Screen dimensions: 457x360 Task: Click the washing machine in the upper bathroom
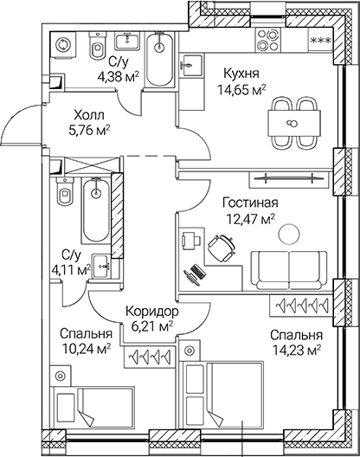(64, 46)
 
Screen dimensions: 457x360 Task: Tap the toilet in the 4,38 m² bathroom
(97, 45)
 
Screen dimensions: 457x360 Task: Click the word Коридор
(151, 311)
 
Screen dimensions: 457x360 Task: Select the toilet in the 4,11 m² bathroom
(63, 196)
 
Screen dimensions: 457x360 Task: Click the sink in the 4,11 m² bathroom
(100, 263)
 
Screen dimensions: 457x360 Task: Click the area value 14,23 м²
(295, 350)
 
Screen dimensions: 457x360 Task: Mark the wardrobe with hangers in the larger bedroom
(302, 306)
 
